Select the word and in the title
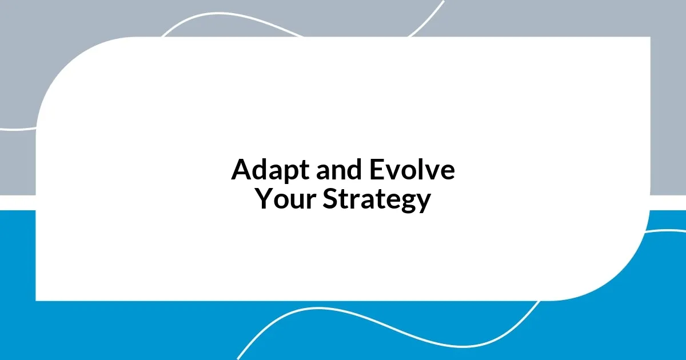[336, 170]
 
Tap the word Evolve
[412, 170]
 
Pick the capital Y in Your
[264, 199]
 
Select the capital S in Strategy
[330, 199]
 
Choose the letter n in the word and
[336, 173]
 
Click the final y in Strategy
[423, 203]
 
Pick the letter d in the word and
[351, 170]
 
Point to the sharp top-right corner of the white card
[649, 38]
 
